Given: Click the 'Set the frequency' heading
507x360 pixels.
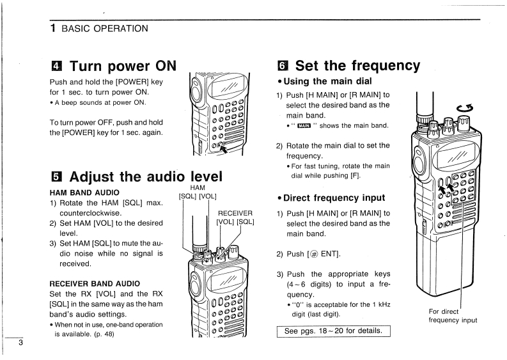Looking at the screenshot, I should click(357, 65).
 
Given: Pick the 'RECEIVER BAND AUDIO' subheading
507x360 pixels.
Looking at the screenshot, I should click(98, 282).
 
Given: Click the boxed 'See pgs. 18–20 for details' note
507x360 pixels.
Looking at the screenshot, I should click(332, 331).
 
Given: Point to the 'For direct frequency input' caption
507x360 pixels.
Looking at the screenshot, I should click(453, 316).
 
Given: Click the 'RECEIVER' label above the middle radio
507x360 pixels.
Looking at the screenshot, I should click(235, 213).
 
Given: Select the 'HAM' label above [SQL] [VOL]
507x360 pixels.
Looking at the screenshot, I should click(198, 187).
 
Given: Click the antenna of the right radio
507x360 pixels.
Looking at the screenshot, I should click(421, 106).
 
